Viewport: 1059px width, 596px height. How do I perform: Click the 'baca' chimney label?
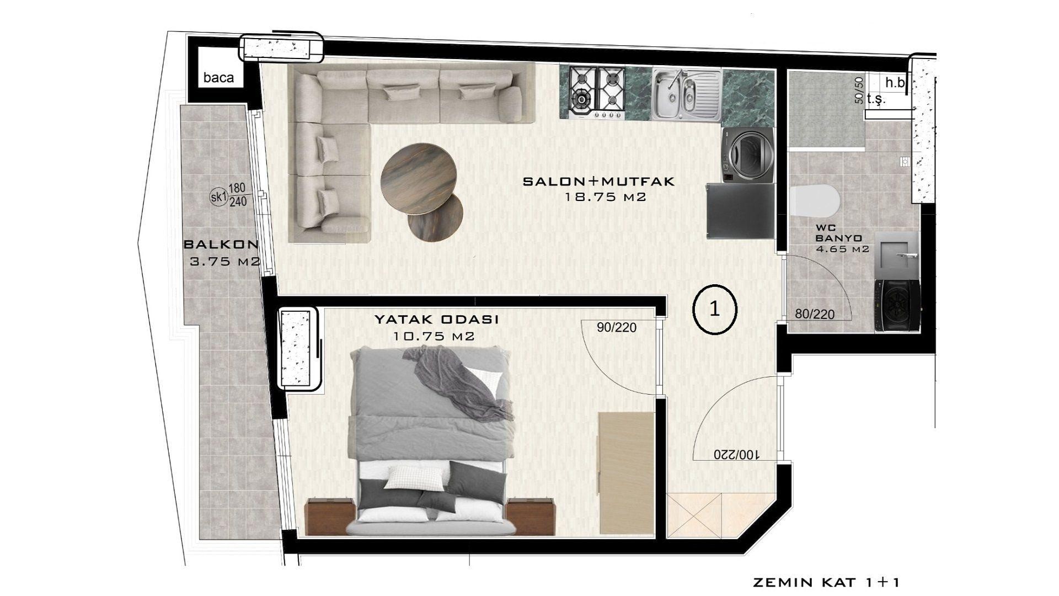(x=218, y=77)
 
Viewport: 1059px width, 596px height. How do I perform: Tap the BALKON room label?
(x=221, y=244)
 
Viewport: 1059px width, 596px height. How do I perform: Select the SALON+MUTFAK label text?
(x=598, y=182)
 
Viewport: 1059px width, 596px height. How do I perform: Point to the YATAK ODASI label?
(x=437, y=320)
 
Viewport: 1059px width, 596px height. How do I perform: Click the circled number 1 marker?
(x=714, y=310)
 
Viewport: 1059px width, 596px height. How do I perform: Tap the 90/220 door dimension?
(x=617, y=328)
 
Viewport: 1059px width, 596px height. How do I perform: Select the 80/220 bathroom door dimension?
(x=815, y=315)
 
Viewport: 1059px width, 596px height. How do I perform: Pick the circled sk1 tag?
(x=219, y=196)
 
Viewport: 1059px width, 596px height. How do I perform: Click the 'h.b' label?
(x=896, y=83)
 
